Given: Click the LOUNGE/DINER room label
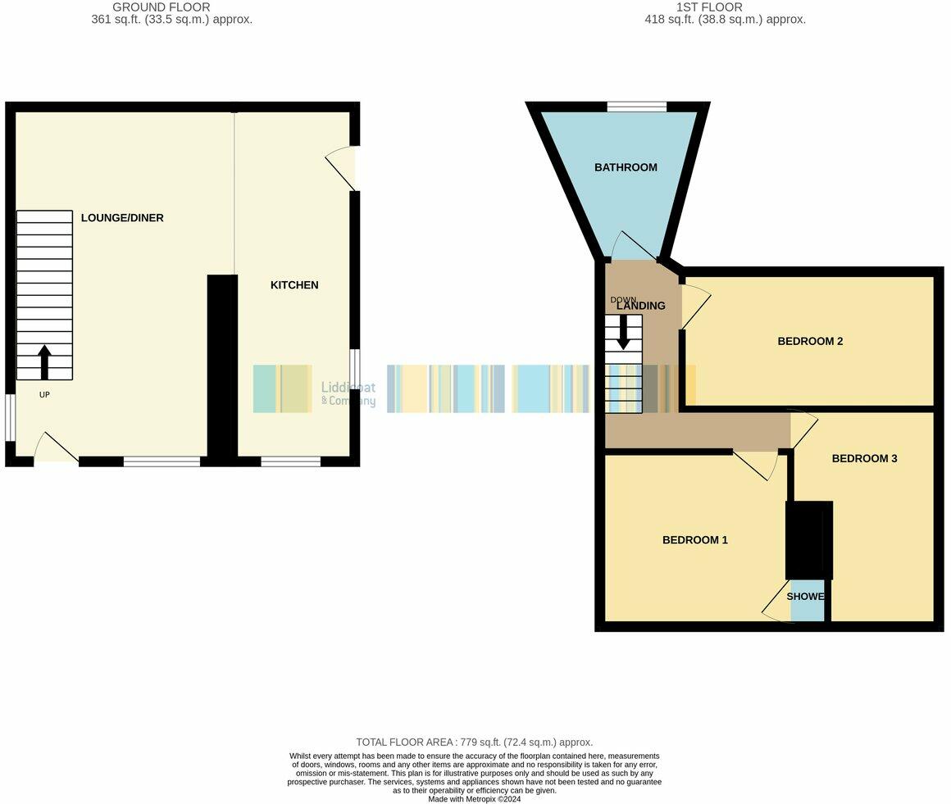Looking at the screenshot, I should [x=122, y=218].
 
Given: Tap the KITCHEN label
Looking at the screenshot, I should [x=294, y=285].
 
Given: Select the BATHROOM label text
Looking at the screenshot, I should [x=626, y=167].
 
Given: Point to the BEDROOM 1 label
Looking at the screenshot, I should [x=695, y=540].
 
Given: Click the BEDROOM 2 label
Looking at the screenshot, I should [x=810, y=341].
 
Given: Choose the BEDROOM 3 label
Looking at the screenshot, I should [x=864, y=458].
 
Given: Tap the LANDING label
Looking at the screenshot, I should [x=641, y=306].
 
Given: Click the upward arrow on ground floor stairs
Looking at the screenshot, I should [x=44, y=361].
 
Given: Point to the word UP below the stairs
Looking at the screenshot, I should [x=44, y=395].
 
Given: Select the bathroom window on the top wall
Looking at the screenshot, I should [x=636, y=107].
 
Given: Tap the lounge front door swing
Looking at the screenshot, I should [x=56, y=449].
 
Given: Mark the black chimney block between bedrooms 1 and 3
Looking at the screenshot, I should [x=809, y=540].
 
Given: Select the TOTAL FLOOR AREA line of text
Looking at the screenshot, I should [x=474, y=742].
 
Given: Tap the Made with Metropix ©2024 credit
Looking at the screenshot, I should [x=474, y=799].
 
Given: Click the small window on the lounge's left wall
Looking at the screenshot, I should [x=10, y=418].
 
